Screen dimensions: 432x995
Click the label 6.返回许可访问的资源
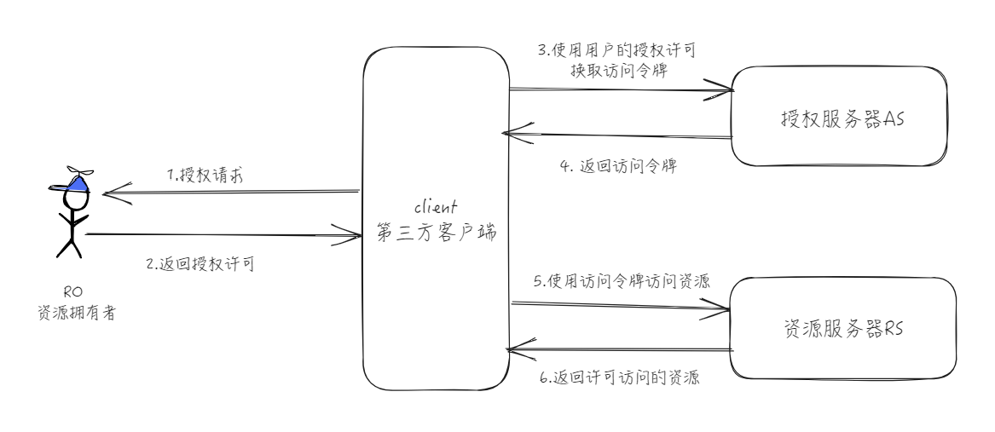(620, 377)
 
